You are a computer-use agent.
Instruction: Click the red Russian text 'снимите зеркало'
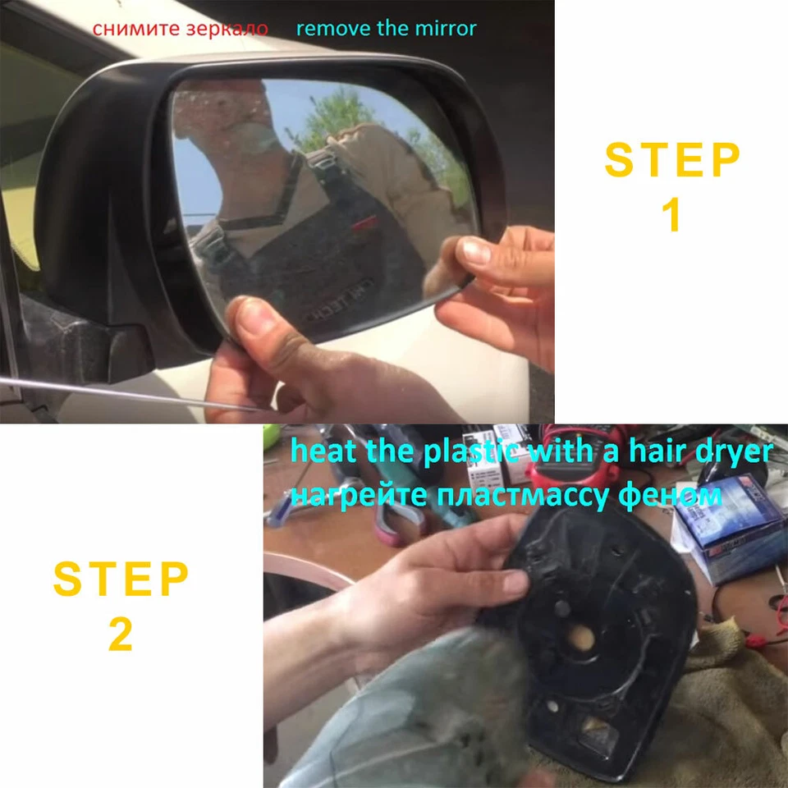tap(180, 29)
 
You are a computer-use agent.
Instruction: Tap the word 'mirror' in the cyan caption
tap(447, 29)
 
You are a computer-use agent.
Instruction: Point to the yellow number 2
tap(121, 635)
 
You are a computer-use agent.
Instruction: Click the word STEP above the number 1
tap(672, 161)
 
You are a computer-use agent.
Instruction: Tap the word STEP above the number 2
tap(121, 580)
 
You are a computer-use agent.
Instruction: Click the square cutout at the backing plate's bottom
tap(595, 727)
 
